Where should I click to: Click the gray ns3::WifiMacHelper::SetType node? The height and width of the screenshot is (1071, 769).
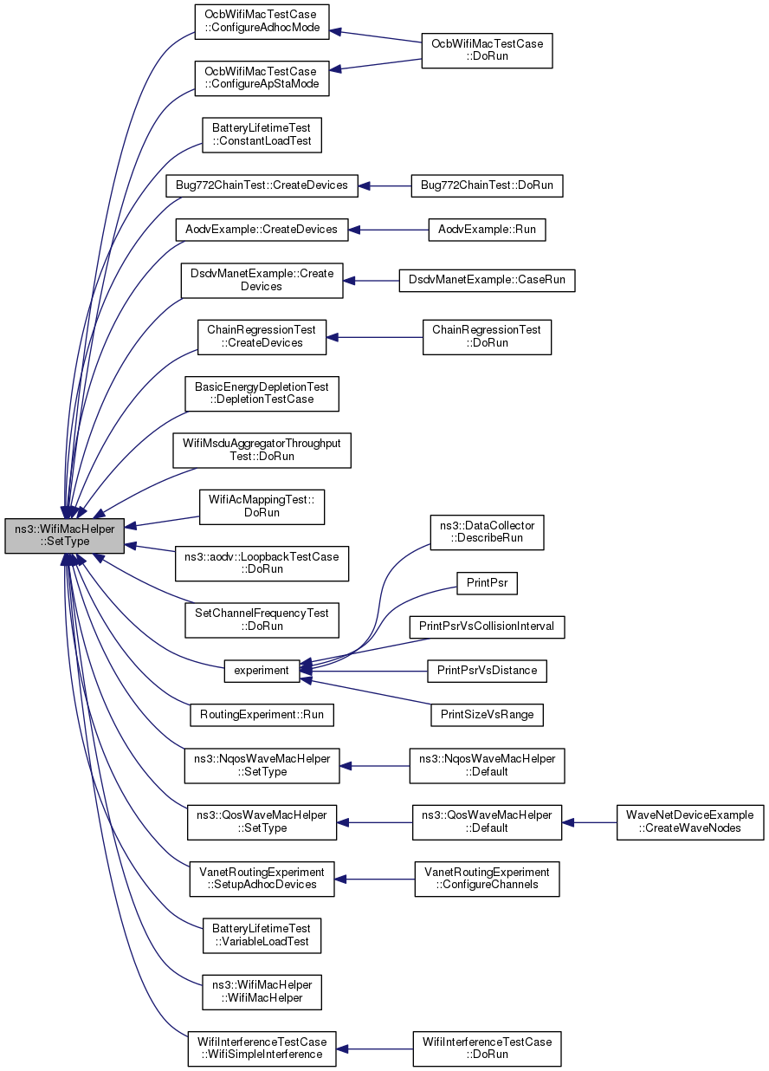(x=65, y=535)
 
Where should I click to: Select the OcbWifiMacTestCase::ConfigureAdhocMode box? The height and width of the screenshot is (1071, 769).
(x=262, y=22)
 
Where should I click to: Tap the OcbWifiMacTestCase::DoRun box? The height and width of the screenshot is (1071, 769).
(x=487, y=50)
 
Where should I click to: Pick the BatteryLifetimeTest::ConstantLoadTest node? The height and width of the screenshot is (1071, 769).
(x=262, y=135)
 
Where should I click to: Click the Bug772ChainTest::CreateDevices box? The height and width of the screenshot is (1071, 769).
(x=262, y=185)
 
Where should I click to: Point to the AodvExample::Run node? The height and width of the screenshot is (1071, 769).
(x=487, y=230)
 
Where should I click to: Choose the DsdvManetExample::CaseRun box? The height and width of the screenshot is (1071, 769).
(x=487, y=280)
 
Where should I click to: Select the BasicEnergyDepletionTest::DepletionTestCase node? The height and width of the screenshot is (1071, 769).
(x=262, y=393)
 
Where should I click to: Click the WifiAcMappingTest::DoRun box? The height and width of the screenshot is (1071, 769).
(x=262, y=506)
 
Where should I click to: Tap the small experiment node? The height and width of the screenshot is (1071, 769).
(x=262, y=671)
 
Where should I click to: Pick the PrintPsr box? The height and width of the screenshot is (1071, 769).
(x=487, y=583)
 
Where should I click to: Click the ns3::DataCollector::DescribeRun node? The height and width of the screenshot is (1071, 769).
(x=487, y=532)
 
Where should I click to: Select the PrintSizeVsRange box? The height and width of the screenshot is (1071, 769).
(x=487, y=715)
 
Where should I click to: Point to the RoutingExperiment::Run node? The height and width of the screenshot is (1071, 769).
(x=262, y=715)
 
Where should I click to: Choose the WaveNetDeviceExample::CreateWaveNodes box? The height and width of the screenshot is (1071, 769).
(x=690, y=822)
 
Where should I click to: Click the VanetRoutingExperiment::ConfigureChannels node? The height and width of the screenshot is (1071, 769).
(x=487, y=879)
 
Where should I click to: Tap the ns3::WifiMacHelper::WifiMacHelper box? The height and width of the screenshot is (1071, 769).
(x=262, y=992)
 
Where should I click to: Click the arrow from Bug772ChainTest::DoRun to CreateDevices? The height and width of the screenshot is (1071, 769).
(x=384, y=186)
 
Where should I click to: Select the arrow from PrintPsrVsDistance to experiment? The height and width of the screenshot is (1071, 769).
(x=364, y=672)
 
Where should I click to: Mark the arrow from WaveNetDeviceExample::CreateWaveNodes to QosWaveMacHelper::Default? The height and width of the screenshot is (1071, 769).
(x=589, y=823)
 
